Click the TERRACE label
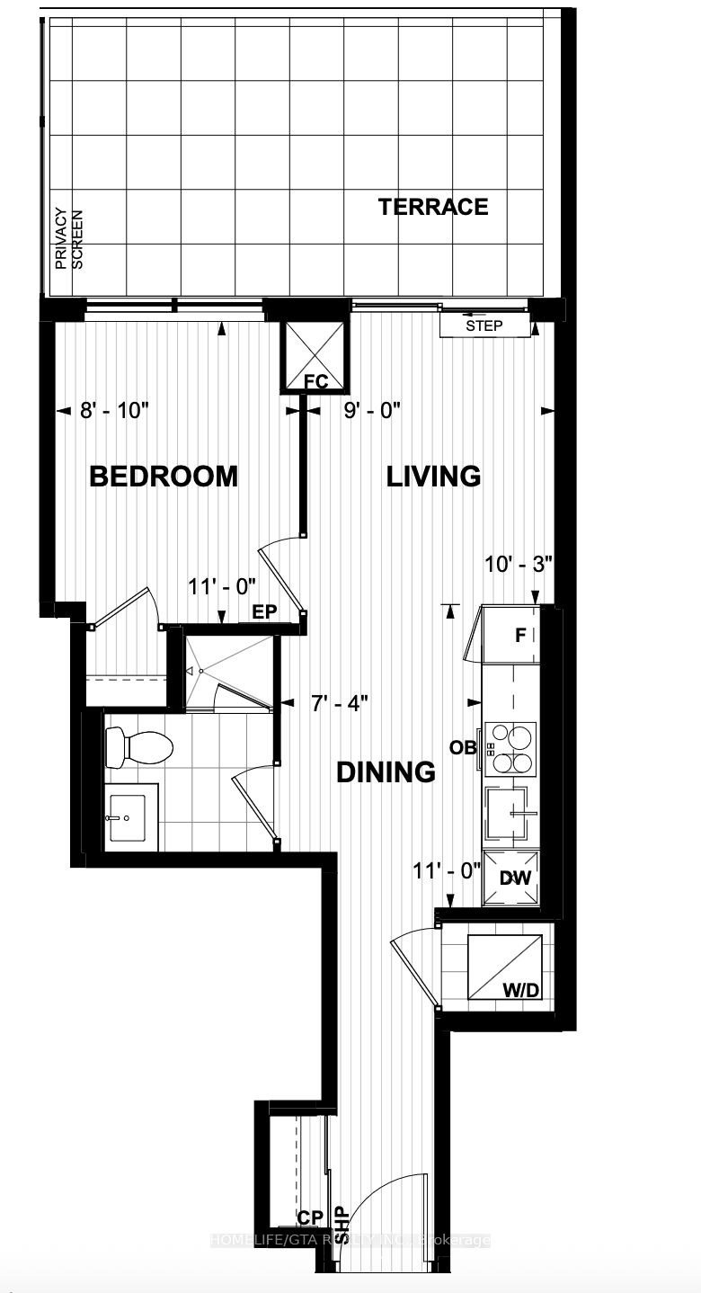[433, 207]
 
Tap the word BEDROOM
[164, 476]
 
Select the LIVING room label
[433, 476]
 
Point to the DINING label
[386, 771]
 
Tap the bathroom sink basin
[132, 817]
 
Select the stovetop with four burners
[510, 748]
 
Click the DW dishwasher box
[514, 878]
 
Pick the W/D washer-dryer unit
[505, 968]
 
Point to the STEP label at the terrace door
[484, 325]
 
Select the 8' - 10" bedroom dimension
[114, 411]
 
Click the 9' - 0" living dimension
[372, 411]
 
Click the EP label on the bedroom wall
[263, 611]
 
